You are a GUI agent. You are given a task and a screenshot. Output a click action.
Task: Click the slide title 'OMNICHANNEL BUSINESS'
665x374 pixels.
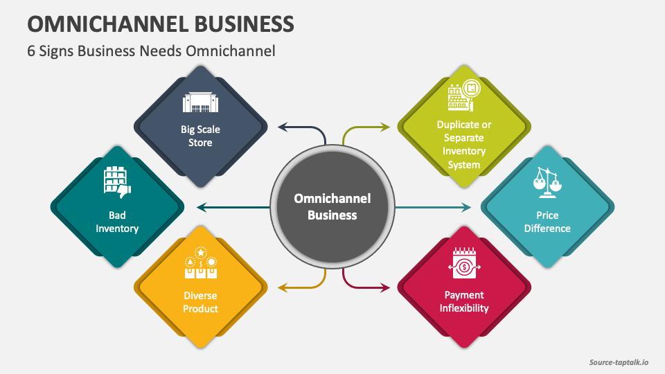pyautogui.click(x=161, y=24)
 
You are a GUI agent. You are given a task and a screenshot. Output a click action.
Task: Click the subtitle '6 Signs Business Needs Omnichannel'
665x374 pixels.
pyautogui.click(x=152, y=51)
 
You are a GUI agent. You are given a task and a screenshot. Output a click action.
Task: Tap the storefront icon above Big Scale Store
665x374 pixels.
pyautogui.click(x=200, y=103)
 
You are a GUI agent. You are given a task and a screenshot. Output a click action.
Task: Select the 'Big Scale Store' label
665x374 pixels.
pyautogui.click(x=200, y=136)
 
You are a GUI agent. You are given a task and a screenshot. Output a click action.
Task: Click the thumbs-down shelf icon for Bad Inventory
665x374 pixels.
pyautogui.click(x=117, y=181)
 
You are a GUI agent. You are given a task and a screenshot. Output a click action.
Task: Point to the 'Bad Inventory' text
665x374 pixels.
pyautogui.click(x=117, y=222)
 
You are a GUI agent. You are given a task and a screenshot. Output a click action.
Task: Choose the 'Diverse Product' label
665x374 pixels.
pyautogui.click(x=200, y=302)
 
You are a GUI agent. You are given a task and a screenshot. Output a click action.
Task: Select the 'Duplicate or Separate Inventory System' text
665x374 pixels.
pyautogui.click(x=464, y=145)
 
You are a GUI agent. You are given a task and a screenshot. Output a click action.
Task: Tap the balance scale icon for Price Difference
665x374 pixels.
pyautogui.click(x=548, y=182)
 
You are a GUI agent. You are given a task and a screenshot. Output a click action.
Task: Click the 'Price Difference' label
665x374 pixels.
pyautogui.click(x=548, y=222)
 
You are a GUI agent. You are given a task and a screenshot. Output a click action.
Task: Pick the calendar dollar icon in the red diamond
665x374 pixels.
pyautogui.click(x=464, y=264)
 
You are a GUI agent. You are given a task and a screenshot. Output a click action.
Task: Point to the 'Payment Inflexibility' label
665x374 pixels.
pyautogui.click(x=464, y=301)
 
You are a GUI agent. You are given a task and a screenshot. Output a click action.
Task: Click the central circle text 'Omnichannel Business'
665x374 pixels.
pyautogui.click(x=332, y=206)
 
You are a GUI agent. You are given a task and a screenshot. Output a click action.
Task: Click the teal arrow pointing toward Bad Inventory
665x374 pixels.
pyautogui.click(x=232, y=206)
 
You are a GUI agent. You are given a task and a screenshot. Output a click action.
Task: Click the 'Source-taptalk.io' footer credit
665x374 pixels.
pyautogui.click(x=619, y=362)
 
